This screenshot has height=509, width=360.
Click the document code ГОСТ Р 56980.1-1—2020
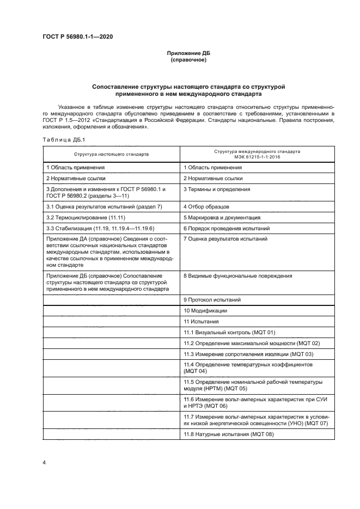pos(78,36)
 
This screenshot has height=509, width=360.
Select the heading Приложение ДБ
pos(188,53)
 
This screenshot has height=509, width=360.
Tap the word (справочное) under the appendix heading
pos(188,60)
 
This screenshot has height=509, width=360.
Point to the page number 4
pos(44,462)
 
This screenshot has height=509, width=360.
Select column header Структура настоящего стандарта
pos(112,154)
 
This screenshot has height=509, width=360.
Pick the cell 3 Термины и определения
pos(217,189)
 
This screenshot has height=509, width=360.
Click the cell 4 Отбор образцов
pos(206,207)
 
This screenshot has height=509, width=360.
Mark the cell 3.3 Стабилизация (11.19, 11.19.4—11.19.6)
pos(100,228)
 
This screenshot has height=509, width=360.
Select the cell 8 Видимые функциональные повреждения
pos(237,275)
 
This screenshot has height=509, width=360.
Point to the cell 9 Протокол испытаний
pos(212,299)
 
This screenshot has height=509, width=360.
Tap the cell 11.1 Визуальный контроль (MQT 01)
pos(229,332)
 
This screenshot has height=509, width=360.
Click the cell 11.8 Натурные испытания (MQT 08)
pos(228,433)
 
